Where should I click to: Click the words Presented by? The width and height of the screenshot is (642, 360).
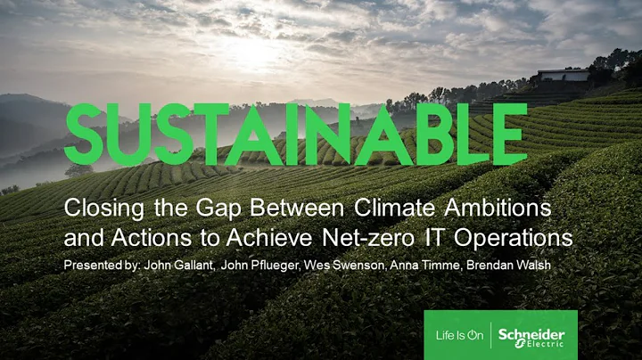pyautogui.click(x=101, y=265)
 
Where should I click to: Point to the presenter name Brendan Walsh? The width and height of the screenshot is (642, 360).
pyautogui.click(x=498, y=265)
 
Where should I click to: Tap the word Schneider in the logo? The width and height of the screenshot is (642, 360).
pyautogui.click(x=531, y=330)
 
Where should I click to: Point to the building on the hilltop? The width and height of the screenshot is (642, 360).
pyautogui.click(x=564, y=75)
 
